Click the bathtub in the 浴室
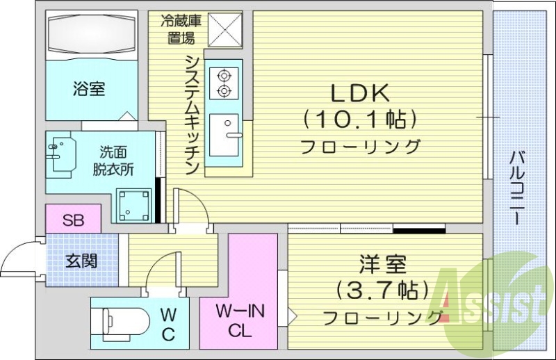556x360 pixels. tap(88, 35)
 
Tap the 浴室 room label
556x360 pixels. tap(88, 89)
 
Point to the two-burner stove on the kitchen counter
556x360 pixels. tap(224, 81)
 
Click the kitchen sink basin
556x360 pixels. tap(224, 135)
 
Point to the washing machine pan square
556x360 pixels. tap(136, 204)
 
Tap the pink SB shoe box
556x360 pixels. tap(73, 221)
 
